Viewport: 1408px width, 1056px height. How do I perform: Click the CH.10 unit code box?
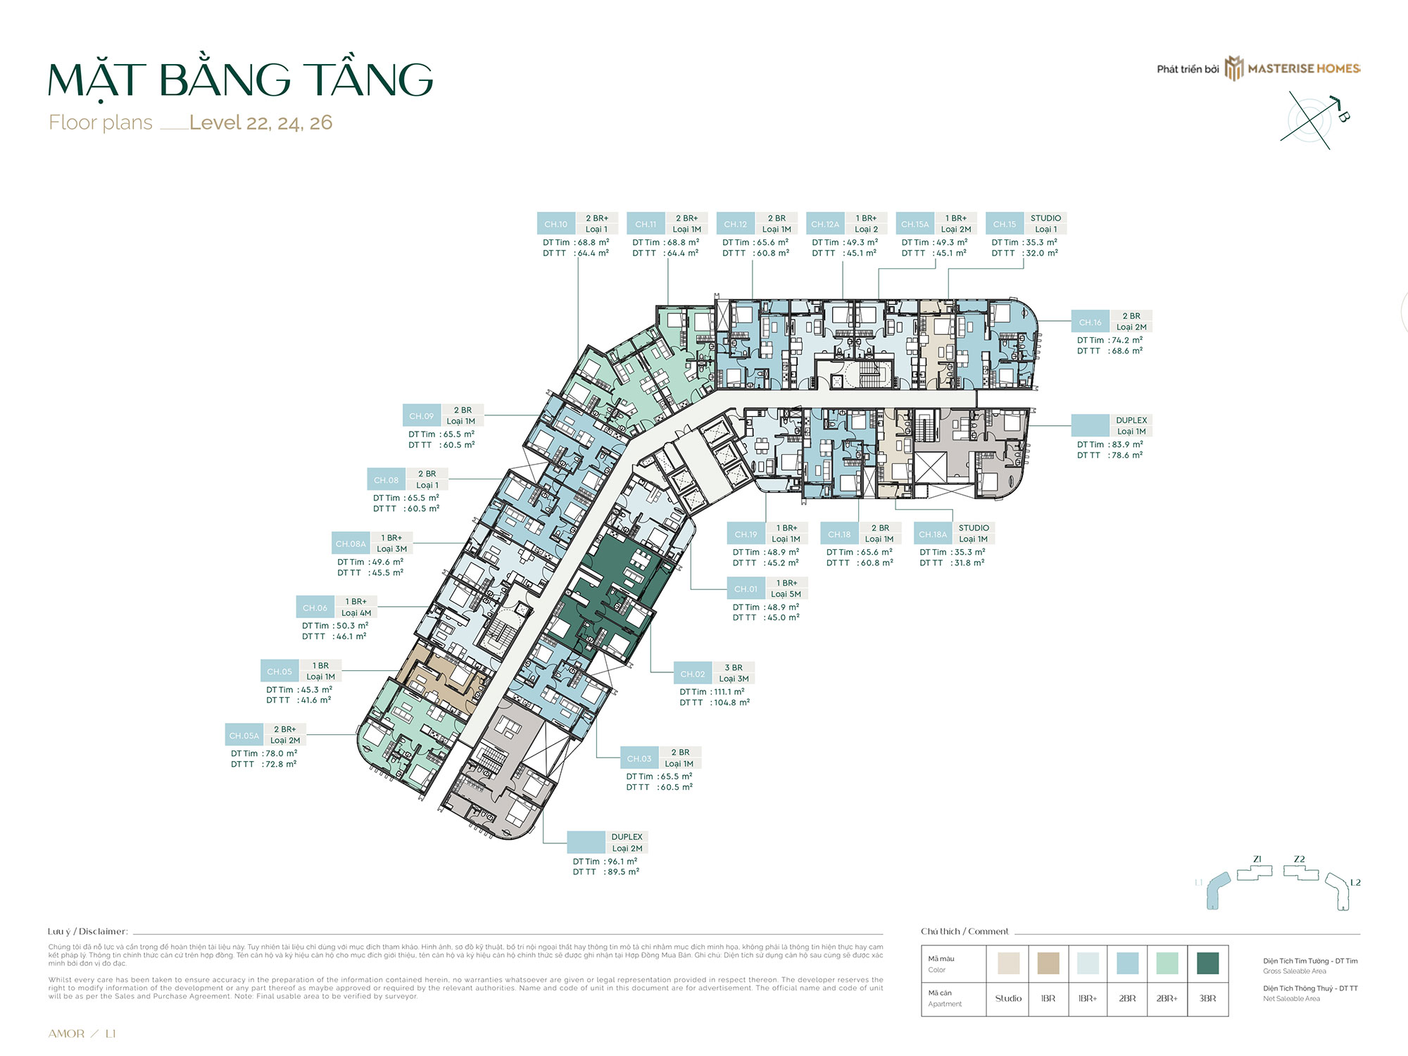click(555, 224)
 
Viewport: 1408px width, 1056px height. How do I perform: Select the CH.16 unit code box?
click(1090, 322)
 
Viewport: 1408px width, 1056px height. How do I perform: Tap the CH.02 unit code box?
click(692, 674)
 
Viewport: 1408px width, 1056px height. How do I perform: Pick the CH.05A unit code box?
click(244, 736)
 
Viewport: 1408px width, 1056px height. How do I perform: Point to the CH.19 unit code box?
click(746, 534)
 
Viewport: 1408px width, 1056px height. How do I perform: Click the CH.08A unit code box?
click(351, 543)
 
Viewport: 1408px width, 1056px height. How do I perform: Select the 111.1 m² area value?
click(728, 691)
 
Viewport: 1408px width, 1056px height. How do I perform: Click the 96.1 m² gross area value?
click(622, 861)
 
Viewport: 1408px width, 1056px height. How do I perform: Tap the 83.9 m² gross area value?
click(1126, 444)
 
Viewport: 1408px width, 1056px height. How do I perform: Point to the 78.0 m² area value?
click(280, 753)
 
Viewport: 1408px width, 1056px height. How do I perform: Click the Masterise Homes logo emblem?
click(1234, 68)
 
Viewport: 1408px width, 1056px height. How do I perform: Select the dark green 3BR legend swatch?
click(1207, 963)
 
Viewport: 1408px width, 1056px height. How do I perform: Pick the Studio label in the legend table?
click(1008, 998)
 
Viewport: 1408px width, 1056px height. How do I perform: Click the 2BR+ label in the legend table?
click(1167, 998)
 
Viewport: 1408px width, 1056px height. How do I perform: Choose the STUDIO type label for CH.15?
click(1045, 218)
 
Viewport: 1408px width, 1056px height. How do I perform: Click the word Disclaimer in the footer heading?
click(103, 931)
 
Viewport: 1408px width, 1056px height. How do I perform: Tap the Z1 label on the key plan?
click(1257, 859)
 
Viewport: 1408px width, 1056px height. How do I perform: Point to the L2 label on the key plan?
click(1355, 882)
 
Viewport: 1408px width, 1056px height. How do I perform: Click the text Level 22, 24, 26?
click(260, 122)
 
